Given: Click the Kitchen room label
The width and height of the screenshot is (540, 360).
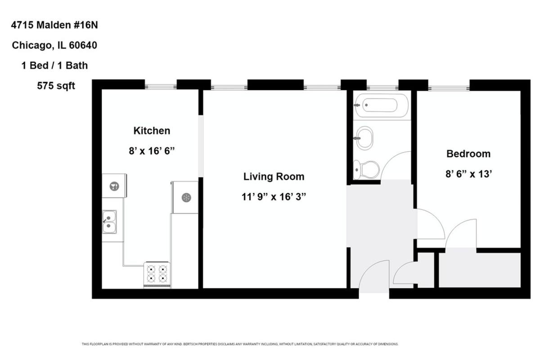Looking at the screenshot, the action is coord(152,130).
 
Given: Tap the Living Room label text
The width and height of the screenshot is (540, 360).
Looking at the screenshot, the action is coord(274,176).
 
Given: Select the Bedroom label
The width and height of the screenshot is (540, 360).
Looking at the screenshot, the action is coord(468,154).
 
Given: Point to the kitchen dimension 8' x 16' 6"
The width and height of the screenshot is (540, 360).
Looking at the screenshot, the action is coord(152,151).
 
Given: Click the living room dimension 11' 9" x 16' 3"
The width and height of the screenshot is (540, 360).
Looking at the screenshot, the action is coord(274,197).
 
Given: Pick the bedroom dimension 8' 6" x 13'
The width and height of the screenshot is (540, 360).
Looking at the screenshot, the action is coord(468,174).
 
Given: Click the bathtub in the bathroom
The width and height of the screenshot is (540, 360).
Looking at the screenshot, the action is coord(382,105).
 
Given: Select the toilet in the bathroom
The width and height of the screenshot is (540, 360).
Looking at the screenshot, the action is coord(366,170).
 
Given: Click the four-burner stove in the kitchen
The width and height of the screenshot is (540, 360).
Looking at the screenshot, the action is coord(157,275).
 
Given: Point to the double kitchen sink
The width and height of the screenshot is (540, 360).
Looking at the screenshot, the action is coord(109,222).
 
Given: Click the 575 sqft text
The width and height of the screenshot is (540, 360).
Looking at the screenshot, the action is coord(56,86).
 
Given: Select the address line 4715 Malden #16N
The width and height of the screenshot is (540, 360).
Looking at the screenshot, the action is coord(54,25).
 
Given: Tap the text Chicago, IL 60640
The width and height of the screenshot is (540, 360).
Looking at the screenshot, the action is coord(54,45).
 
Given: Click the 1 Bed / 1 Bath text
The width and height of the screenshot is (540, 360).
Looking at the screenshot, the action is coord(54,66).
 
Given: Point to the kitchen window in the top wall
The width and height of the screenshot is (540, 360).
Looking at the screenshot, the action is coord(161,86).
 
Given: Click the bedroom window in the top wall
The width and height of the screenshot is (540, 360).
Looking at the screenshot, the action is coord(449,88).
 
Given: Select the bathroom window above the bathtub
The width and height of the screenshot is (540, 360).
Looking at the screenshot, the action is coord(382,88).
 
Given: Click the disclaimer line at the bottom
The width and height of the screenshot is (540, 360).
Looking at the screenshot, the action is coord(240,344).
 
